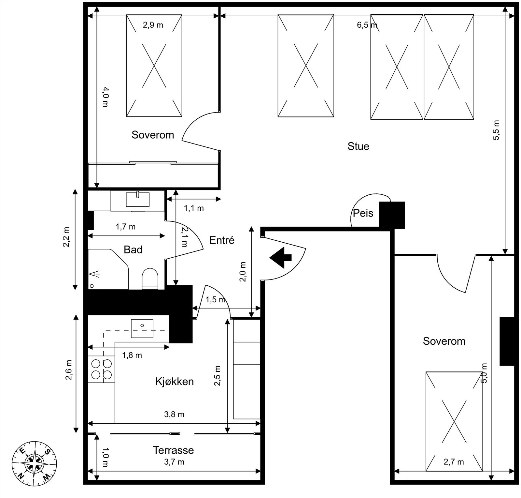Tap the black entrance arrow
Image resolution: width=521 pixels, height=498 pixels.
click(280, 257)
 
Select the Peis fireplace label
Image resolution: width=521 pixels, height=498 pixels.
click(363, 213)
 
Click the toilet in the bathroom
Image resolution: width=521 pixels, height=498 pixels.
click(150, 279)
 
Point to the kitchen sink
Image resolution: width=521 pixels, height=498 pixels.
click(142, 328)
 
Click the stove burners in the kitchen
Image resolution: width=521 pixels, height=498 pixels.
click(102, 369)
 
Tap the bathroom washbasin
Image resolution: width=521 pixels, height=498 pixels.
click(138, 199)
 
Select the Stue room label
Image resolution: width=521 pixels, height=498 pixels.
click(358, 146)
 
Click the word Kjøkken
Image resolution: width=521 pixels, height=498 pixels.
click(175, 381)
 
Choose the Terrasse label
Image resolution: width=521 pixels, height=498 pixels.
click(174, 450)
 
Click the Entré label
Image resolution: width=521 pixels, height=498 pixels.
click(222, 240)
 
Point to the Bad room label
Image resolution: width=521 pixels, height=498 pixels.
click(133, 249)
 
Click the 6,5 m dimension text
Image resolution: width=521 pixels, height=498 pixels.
click(367, 25)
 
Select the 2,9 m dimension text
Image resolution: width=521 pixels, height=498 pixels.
click(153, 25)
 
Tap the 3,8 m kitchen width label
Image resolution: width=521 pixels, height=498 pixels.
click(174, 414)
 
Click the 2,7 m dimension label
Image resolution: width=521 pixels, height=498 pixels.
click(454, 461)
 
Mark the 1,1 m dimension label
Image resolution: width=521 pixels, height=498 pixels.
click(194, 208)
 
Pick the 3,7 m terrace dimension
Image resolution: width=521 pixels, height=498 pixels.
click(174, 462)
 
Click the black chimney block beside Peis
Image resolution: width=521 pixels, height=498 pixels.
click(392, 215)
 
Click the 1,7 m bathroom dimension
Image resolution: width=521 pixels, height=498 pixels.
click(126, 226)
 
